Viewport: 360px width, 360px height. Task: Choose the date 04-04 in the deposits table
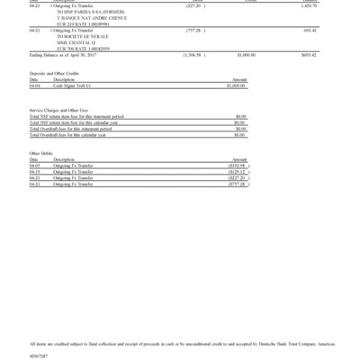[35, 86]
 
